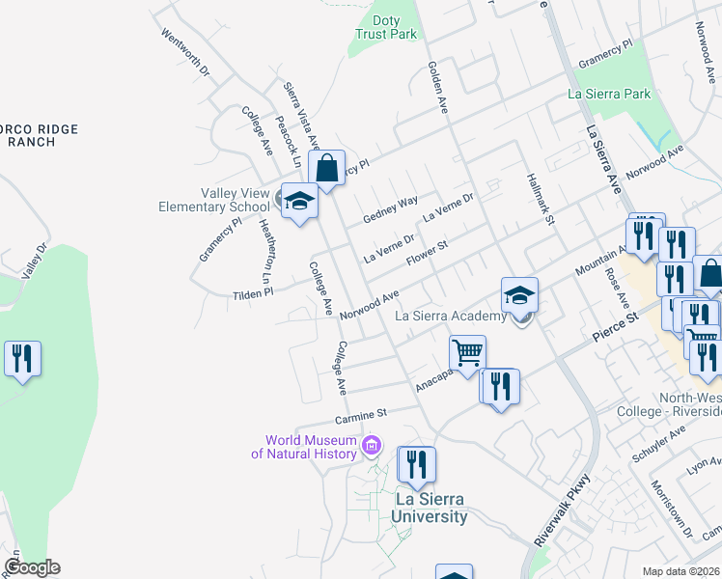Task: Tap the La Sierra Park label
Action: coord(609,94)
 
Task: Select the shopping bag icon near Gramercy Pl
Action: coord(327,168)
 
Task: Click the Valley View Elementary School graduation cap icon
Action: coord(299,200)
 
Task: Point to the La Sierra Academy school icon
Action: coord(519,295)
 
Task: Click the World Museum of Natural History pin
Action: coord(372,446)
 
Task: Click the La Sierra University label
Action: coord(430,507)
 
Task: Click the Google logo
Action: coord(32,567)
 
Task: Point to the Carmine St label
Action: coord(360,413)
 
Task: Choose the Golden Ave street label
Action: coord(438,87)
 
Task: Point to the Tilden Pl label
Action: coord(254,290)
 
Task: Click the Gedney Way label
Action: coord(390,208)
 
